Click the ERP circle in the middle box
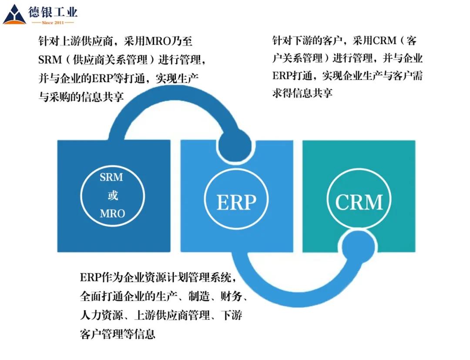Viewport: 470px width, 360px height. tap(236, 202)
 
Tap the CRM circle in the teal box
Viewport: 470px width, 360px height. tap(359, 202)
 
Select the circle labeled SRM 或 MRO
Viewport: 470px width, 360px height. tap(112, 196)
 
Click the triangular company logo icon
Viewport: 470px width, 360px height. tap(14, 15)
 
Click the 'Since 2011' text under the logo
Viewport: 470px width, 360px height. tap(53, 22)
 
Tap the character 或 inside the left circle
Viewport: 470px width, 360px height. tap(112, 196)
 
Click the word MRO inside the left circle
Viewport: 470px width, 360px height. tap(112, 213)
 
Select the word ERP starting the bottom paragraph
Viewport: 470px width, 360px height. tap(90, 277)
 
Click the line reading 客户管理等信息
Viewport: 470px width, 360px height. tap(118, 334)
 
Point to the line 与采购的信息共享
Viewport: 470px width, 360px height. tap(81, 97)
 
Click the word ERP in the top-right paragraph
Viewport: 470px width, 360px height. tap(283, 76)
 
